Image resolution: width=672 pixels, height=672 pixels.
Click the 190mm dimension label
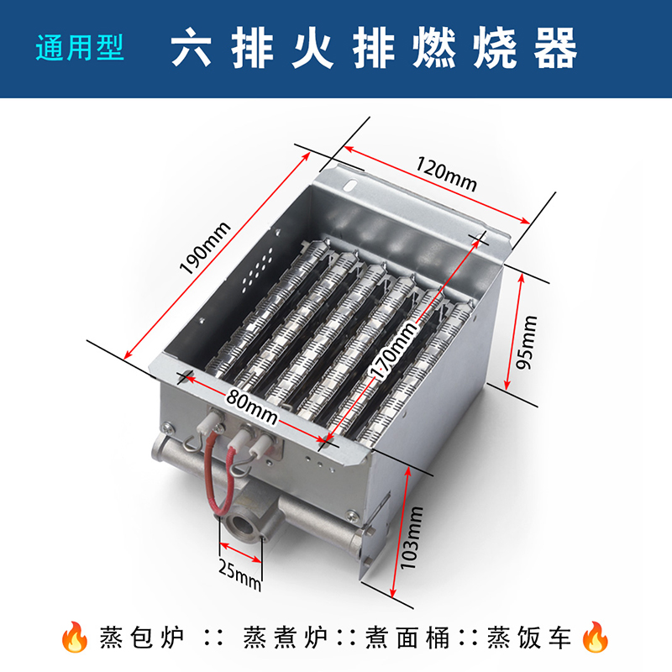pos(205,248)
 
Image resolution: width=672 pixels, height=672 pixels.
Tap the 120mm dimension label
pos(446,175)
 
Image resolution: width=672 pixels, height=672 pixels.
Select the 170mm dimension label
pos(394,350)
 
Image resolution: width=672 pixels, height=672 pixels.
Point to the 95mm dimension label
pos(527,342)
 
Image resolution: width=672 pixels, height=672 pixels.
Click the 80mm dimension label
pos(252,407)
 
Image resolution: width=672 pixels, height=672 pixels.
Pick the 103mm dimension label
pos(412,538)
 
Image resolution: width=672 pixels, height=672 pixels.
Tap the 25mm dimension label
pos(239,575)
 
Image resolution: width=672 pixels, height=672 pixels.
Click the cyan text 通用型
pos(80,47)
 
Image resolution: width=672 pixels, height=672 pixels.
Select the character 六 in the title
pos(192,47)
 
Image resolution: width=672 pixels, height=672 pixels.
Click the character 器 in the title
pos(556,47)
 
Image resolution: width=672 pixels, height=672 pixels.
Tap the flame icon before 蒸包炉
pos(74,637)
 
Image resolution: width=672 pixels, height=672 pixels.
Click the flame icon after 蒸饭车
pos(596,637)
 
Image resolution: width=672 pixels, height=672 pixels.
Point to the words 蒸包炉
pos(142,638)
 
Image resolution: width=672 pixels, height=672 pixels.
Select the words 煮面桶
pos(408,638)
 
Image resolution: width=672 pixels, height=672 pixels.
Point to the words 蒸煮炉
pos(286,638)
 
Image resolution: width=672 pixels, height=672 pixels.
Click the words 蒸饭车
pos(530,638)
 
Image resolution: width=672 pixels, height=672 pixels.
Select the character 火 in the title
pos(312,47)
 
